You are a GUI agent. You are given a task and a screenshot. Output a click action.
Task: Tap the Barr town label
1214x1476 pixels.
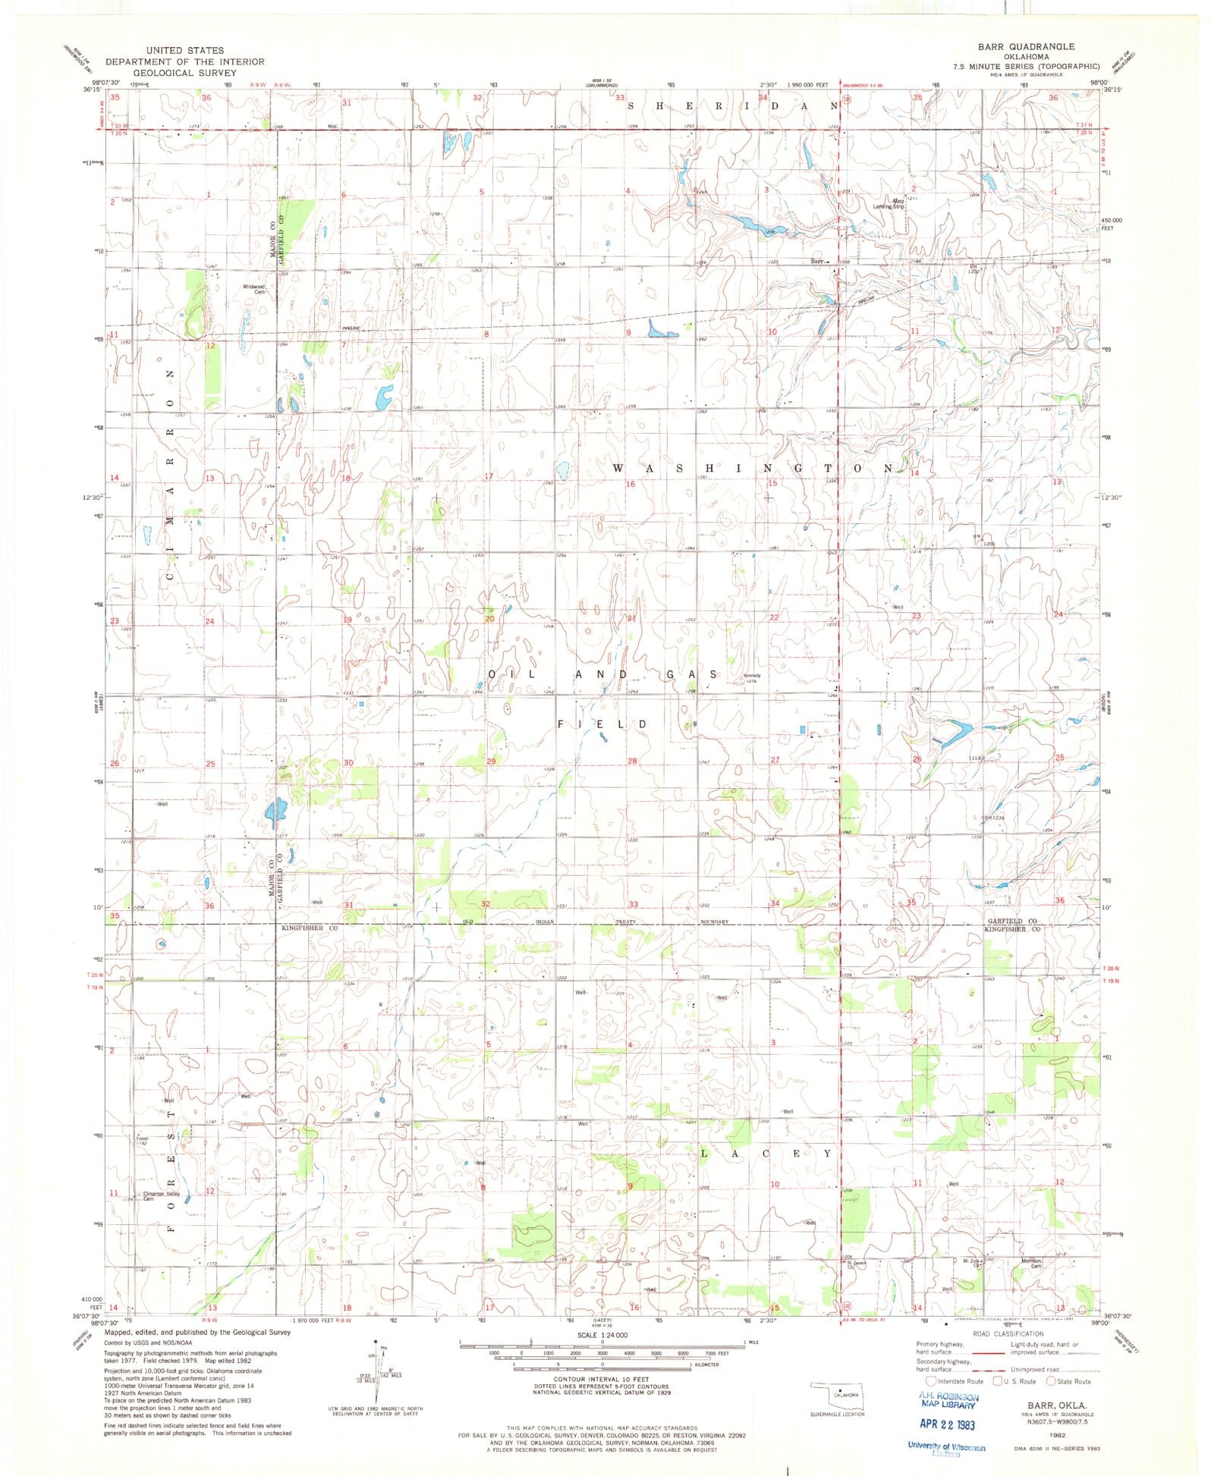tap(816, 261)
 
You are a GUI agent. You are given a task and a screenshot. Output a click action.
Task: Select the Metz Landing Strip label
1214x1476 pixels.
tap(888, 203)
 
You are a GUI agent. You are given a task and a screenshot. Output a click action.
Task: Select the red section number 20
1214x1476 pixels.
tap(489, 619)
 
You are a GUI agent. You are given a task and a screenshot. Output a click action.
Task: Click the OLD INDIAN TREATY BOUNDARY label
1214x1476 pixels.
tap(596, 922)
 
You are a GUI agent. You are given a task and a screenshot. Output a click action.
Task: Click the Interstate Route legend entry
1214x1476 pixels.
tap(956, 1381)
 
